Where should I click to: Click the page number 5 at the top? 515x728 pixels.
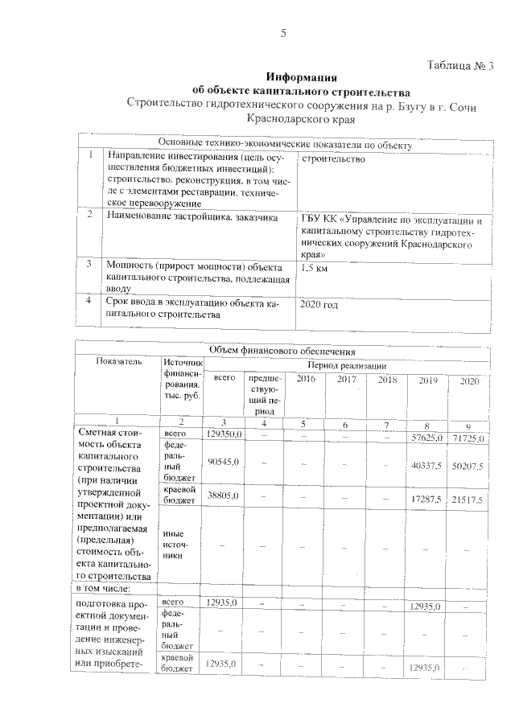(282, 32)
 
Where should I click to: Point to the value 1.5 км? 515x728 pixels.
(314, 267)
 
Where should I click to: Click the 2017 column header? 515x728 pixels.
(347, 379)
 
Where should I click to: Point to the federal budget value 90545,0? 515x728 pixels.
(223, 463)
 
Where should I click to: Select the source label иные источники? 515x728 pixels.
(175, 544)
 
